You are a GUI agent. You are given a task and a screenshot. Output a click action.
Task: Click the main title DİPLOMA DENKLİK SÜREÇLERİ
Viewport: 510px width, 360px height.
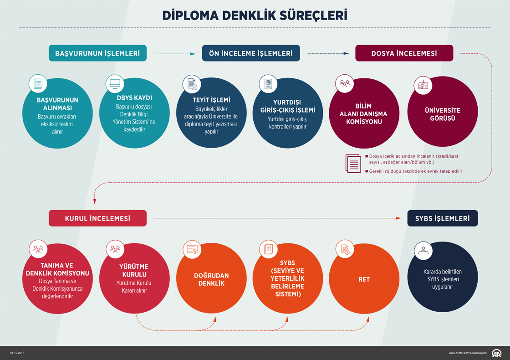pyautogui.click(x=255, y=15)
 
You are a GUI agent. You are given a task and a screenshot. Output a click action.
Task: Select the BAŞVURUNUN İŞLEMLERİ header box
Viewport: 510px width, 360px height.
pyautogui.click(x=97, y=53)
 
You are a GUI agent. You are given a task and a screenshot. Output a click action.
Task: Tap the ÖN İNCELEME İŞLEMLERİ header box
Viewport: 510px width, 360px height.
pyautogui.click(x=251, y=53)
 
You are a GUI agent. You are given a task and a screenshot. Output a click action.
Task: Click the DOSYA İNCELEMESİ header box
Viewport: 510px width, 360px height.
pyautogui.click(x=404, y=53)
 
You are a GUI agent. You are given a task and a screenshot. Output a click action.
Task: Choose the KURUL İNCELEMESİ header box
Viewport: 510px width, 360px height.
pyautogui.click(x=97, y=218)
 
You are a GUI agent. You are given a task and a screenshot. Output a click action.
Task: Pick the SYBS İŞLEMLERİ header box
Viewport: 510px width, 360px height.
pyautogui.click(x=442, y=218)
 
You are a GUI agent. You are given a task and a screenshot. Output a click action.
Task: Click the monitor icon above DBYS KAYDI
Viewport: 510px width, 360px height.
pyautogui.click(x=115, y=84)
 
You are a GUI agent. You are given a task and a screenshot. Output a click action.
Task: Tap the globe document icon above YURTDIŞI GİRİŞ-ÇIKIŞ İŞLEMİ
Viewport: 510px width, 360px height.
pyautogui.click(x=268, y=84)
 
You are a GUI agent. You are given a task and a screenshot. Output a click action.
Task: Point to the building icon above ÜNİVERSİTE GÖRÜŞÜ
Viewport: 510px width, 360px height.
pyautogui.click(x=422, y=84)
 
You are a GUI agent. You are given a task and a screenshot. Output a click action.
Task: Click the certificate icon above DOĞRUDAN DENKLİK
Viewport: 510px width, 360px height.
pyautogui.click(x=191, y=249)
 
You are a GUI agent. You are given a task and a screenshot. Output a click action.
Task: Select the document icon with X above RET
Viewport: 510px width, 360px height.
pyautogui.click(x=345, y=249)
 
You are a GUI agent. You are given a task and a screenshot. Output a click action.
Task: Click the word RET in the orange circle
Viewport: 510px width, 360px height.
pyautogui.click(x=364, y=279)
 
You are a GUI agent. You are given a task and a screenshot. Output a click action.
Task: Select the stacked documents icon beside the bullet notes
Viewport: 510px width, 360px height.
pyautogui.click(x=353, y=164)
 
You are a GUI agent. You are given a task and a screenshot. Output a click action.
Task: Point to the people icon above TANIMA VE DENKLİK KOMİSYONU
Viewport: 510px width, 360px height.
pyautogui.click(x=38, y=249)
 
